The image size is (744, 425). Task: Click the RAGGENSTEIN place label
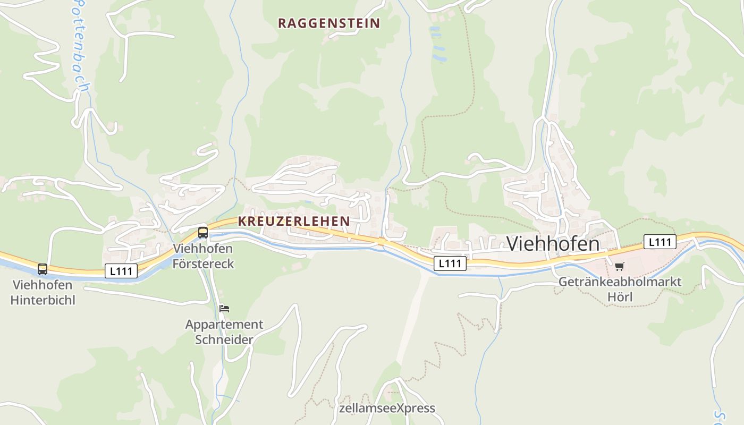[x=329, y=23]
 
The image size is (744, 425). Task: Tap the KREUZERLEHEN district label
[x=294, y=221]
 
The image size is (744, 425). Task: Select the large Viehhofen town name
[x=553, y=244]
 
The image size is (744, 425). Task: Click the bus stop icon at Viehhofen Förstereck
[x=203, y=232]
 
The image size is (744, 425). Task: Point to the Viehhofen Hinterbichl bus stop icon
[x=43, y=269]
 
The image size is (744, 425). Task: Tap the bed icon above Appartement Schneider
[x=224, y=308]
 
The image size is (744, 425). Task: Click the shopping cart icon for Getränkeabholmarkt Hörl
[x=619, y=266]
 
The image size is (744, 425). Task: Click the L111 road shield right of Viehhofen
[x=660, y=242]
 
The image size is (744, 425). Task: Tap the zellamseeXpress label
[x=387, y=408]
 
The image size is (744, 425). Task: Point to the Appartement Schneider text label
[x=224, y=331]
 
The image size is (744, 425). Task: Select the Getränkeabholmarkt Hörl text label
[x=620, y=289]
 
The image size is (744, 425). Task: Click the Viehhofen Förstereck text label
[x=203, y=256]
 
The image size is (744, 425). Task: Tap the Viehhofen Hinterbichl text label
[x=43, y=292]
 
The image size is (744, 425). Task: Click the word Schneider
[x=224, y=339]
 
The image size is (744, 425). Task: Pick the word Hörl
[x=620, y=296]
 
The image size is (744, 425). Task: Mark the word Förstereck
[x=203, y=263]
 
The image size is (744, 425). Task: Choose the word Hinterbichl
[x=43, y=300]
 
